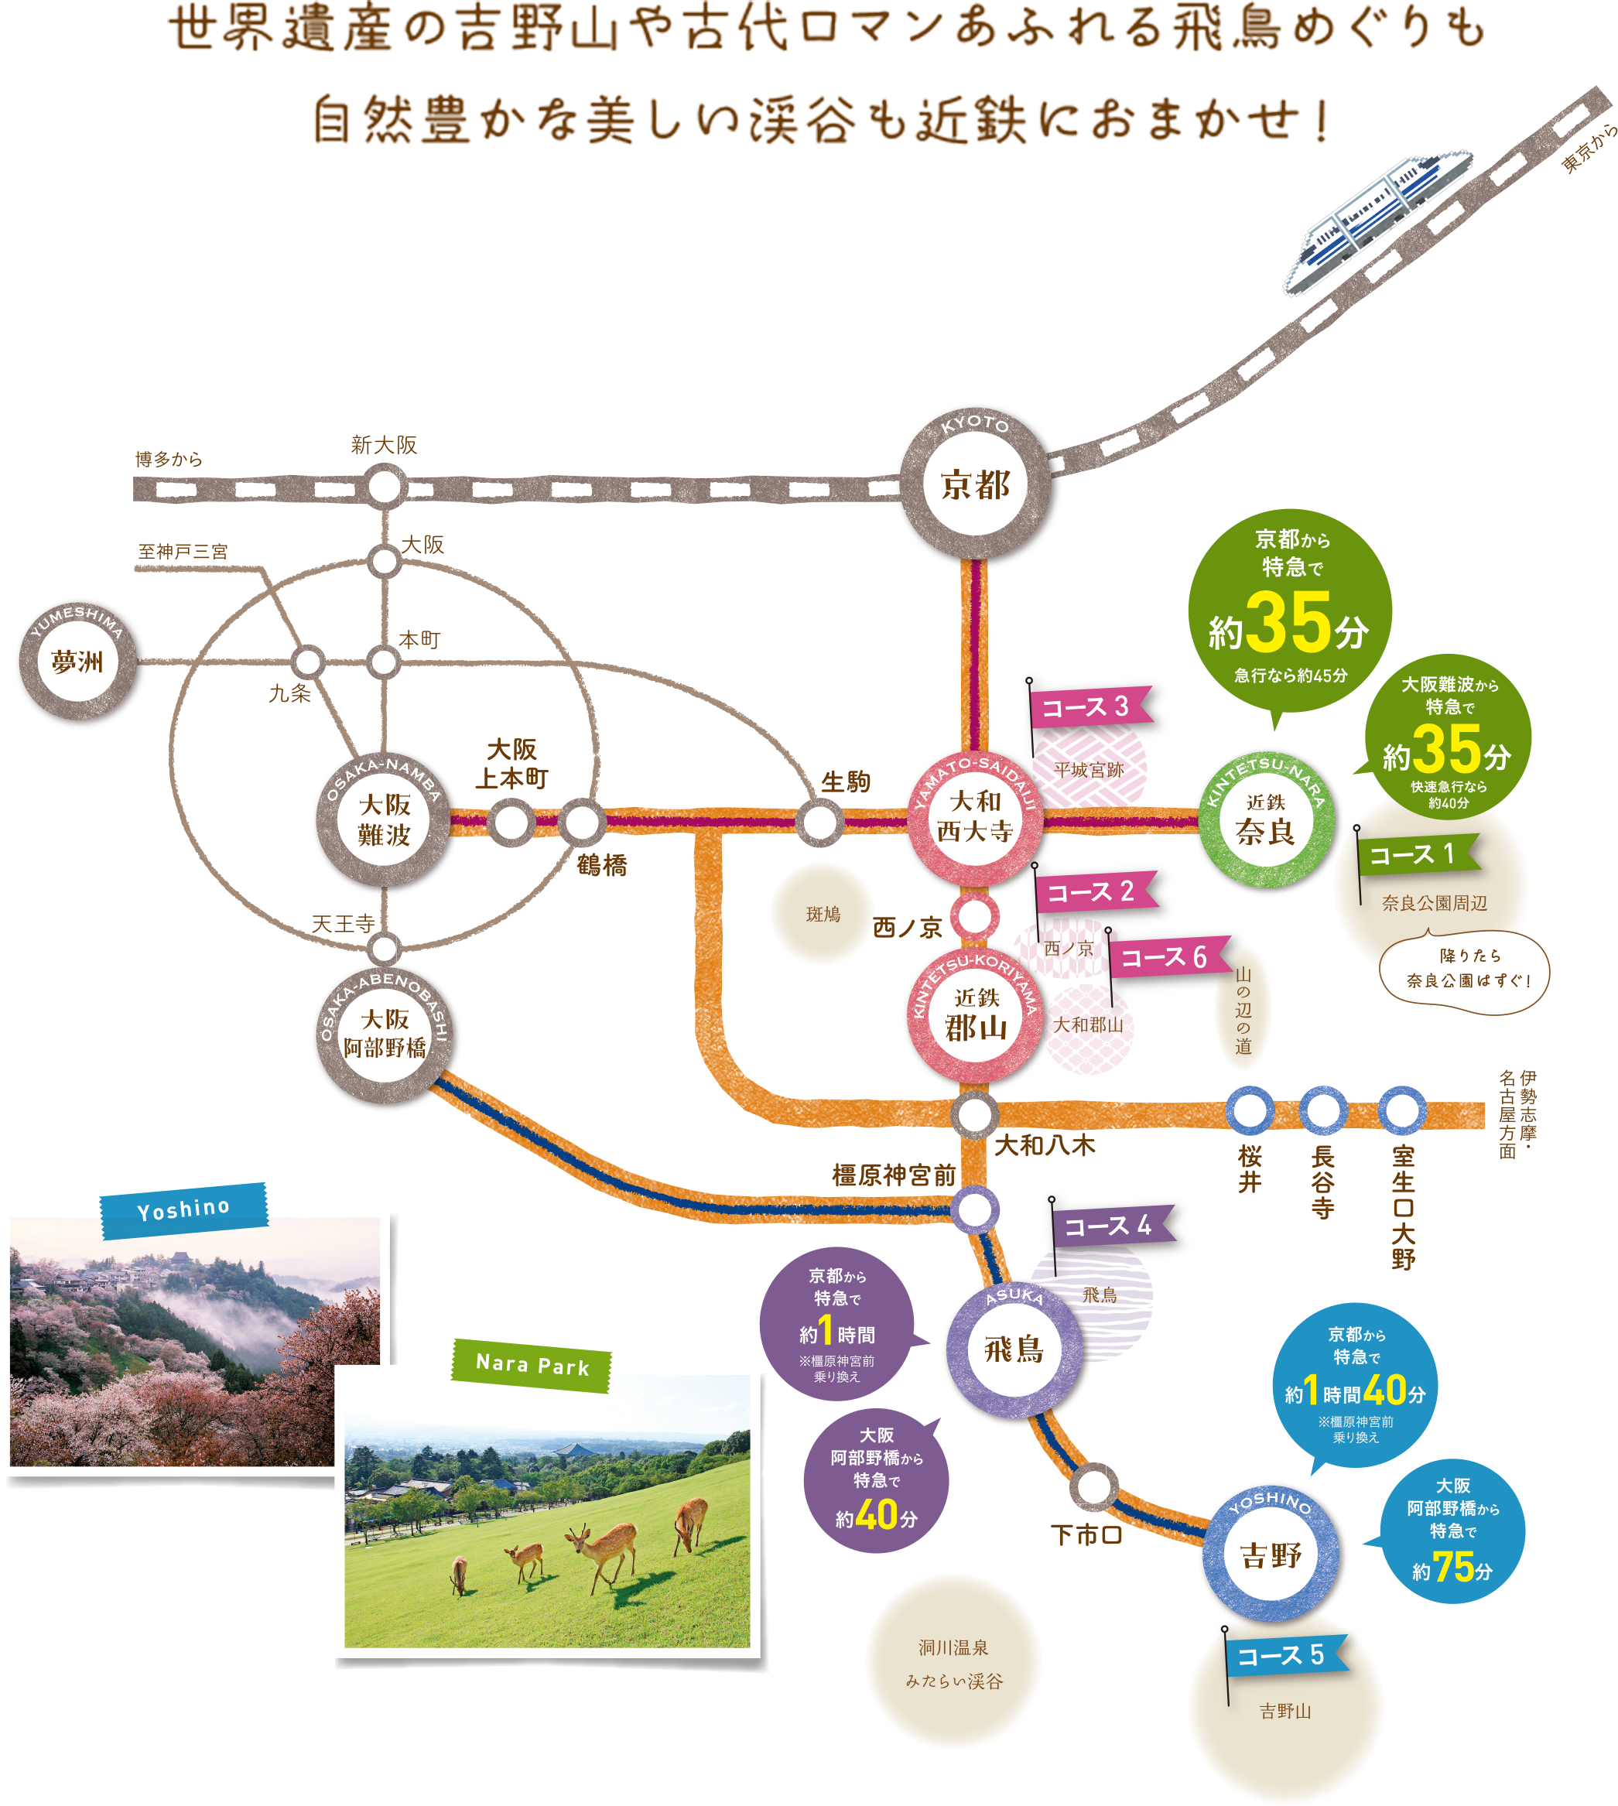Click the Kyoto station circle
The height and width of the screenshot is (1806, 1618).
(x=975, y=485)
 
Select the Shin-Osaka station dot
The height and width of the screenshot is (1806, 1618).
(x=385, y=487)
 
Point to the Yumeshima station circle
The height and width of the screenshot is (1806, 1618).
(x=78, y=662)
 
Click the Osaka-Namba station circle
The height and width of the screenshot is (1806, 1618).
(x=385, y=820)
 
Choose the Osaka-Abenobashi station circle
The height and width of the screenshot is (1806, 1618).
(x=385, y=1034)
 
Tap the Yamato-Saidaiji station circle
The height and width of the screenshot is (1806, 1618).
(x=975, y=817)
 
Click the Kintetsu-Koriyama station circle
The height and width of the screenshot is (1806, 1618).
(x=975, y=1015)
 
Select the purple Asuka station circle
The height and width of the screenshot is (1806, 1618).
(x=1014, y=1349)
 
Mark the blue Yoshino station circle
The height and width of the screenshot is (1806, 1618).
(x=1271, y=1554)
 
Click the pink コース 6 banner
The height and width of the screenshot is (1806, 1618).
(x=1165, y=957)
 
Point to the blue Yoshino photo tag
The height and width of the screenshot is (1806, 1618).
(x=184, y=1209)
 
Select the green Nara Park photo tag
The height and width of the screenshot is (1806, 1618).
(x=532, y=1364)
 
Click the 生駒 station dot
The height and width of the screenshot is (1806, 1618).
(x=819, y=822)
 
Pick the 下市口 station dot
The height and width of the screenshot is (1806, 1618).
(x=1093, y=1486)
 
